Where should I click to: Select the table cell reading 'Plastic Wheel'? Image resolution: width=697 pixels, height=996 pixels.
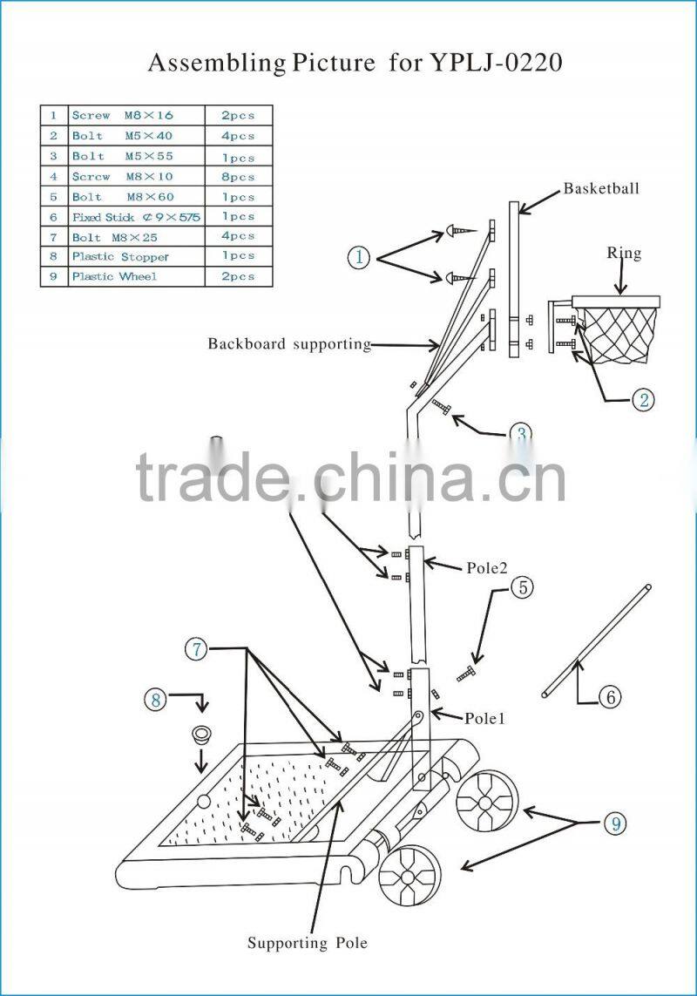coord(114,276)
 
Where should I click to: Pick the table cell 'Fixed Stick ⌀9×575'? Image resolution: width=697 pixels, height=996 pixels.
coord(136,217)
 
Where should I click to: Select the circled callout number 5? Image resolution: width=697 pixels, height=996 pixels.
coord(522,587)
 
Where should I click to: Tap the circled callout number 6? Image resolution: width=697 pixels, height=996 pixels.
coord(609,695)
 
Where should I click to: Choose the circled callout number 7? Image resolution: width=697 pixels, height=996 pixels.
coord(196,648)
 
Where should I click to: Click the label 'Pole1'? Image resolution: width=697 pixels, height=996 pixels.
coord(484,719)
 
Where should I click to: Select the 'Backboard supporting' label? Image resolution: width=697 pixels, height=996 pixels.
coord(289,343)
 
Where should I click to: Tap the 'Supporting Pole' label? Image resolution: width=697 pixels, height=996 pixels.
coord(308,943)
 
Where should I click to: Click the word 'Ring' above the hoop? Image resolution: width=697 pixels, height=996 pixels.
coord(624,254)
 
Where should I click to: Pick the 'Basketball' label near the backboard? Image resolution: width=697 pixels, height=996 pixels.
coord(601,188)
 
